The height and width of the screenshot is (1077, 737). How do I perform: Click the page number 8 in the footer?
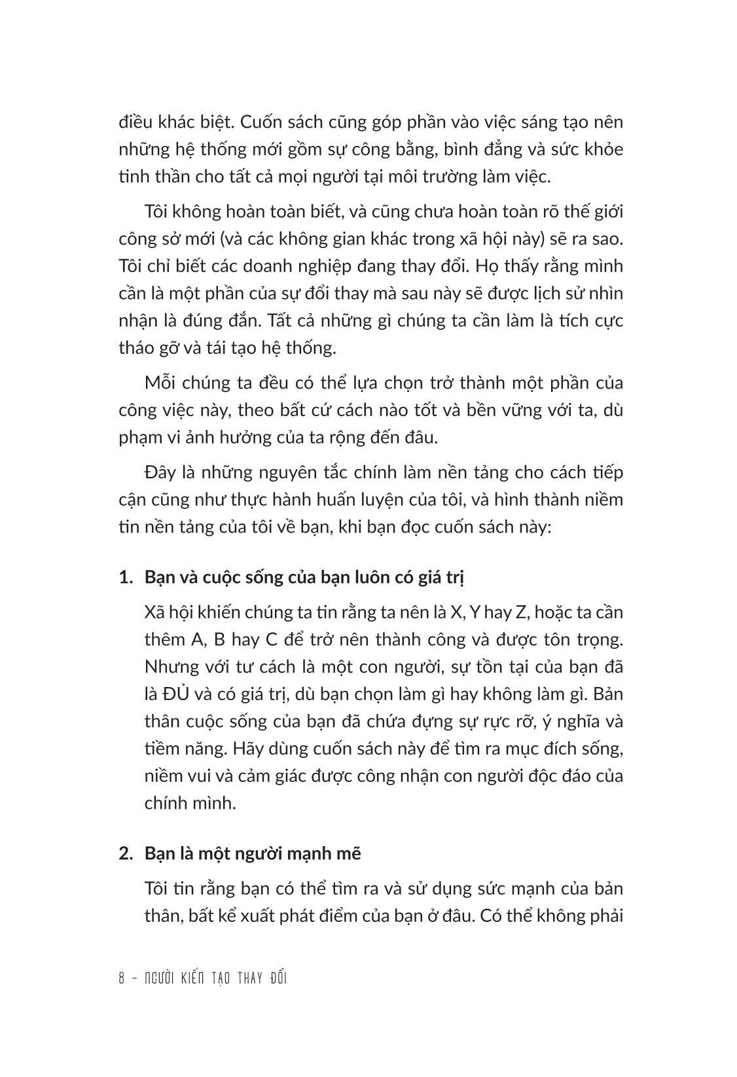pos(122,979)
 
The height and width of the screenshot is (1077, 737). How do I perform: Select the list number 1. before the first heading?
pos(126,578)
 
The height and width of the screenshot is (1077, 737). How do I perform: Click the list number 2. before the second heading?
pos(126,854)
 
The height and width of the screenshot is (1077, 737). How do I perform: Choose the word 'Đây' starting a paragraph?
pos(160,472)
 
